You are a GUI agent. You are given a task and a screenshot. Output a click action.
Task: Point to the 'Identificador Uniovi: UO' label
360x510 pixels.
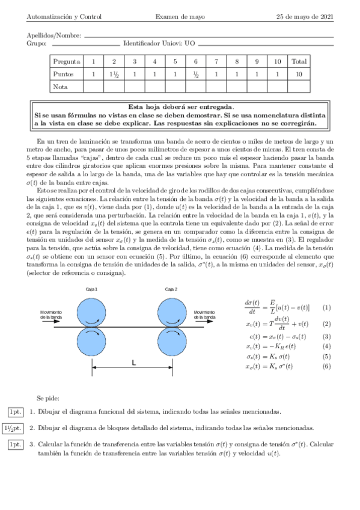(159, 43)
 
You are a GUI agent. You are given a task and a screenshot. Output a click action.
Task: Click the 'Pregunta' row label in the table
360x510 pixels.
(67, 61)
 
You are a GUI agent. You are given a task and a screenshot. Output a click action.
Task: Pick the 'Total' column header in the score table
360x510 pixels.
(298, 61)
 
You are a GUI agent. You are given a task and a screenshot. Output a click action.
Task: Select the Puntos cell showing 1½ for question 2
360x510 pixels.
(114, 74)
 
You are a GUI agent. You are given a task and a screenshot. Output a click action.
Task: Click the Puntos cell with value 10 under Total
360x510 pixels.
(298, 74)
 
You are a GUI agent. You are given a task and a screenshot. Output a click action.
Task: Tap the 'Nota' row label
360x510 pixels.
(60, 87)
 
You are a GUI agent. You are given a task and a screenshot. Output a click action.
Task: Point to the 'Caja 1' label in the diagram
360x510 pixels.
(92, 289)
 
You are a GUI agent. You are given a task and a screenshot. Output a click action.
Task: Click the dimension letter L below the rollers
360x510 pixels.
(133, 363)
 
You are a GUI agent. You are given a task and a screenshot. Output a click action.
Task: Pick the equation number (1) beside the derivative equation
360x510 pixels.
(326, 307)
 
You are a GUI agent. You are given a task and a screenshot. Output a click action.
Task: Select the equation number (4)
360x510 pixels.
(326, 347)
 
